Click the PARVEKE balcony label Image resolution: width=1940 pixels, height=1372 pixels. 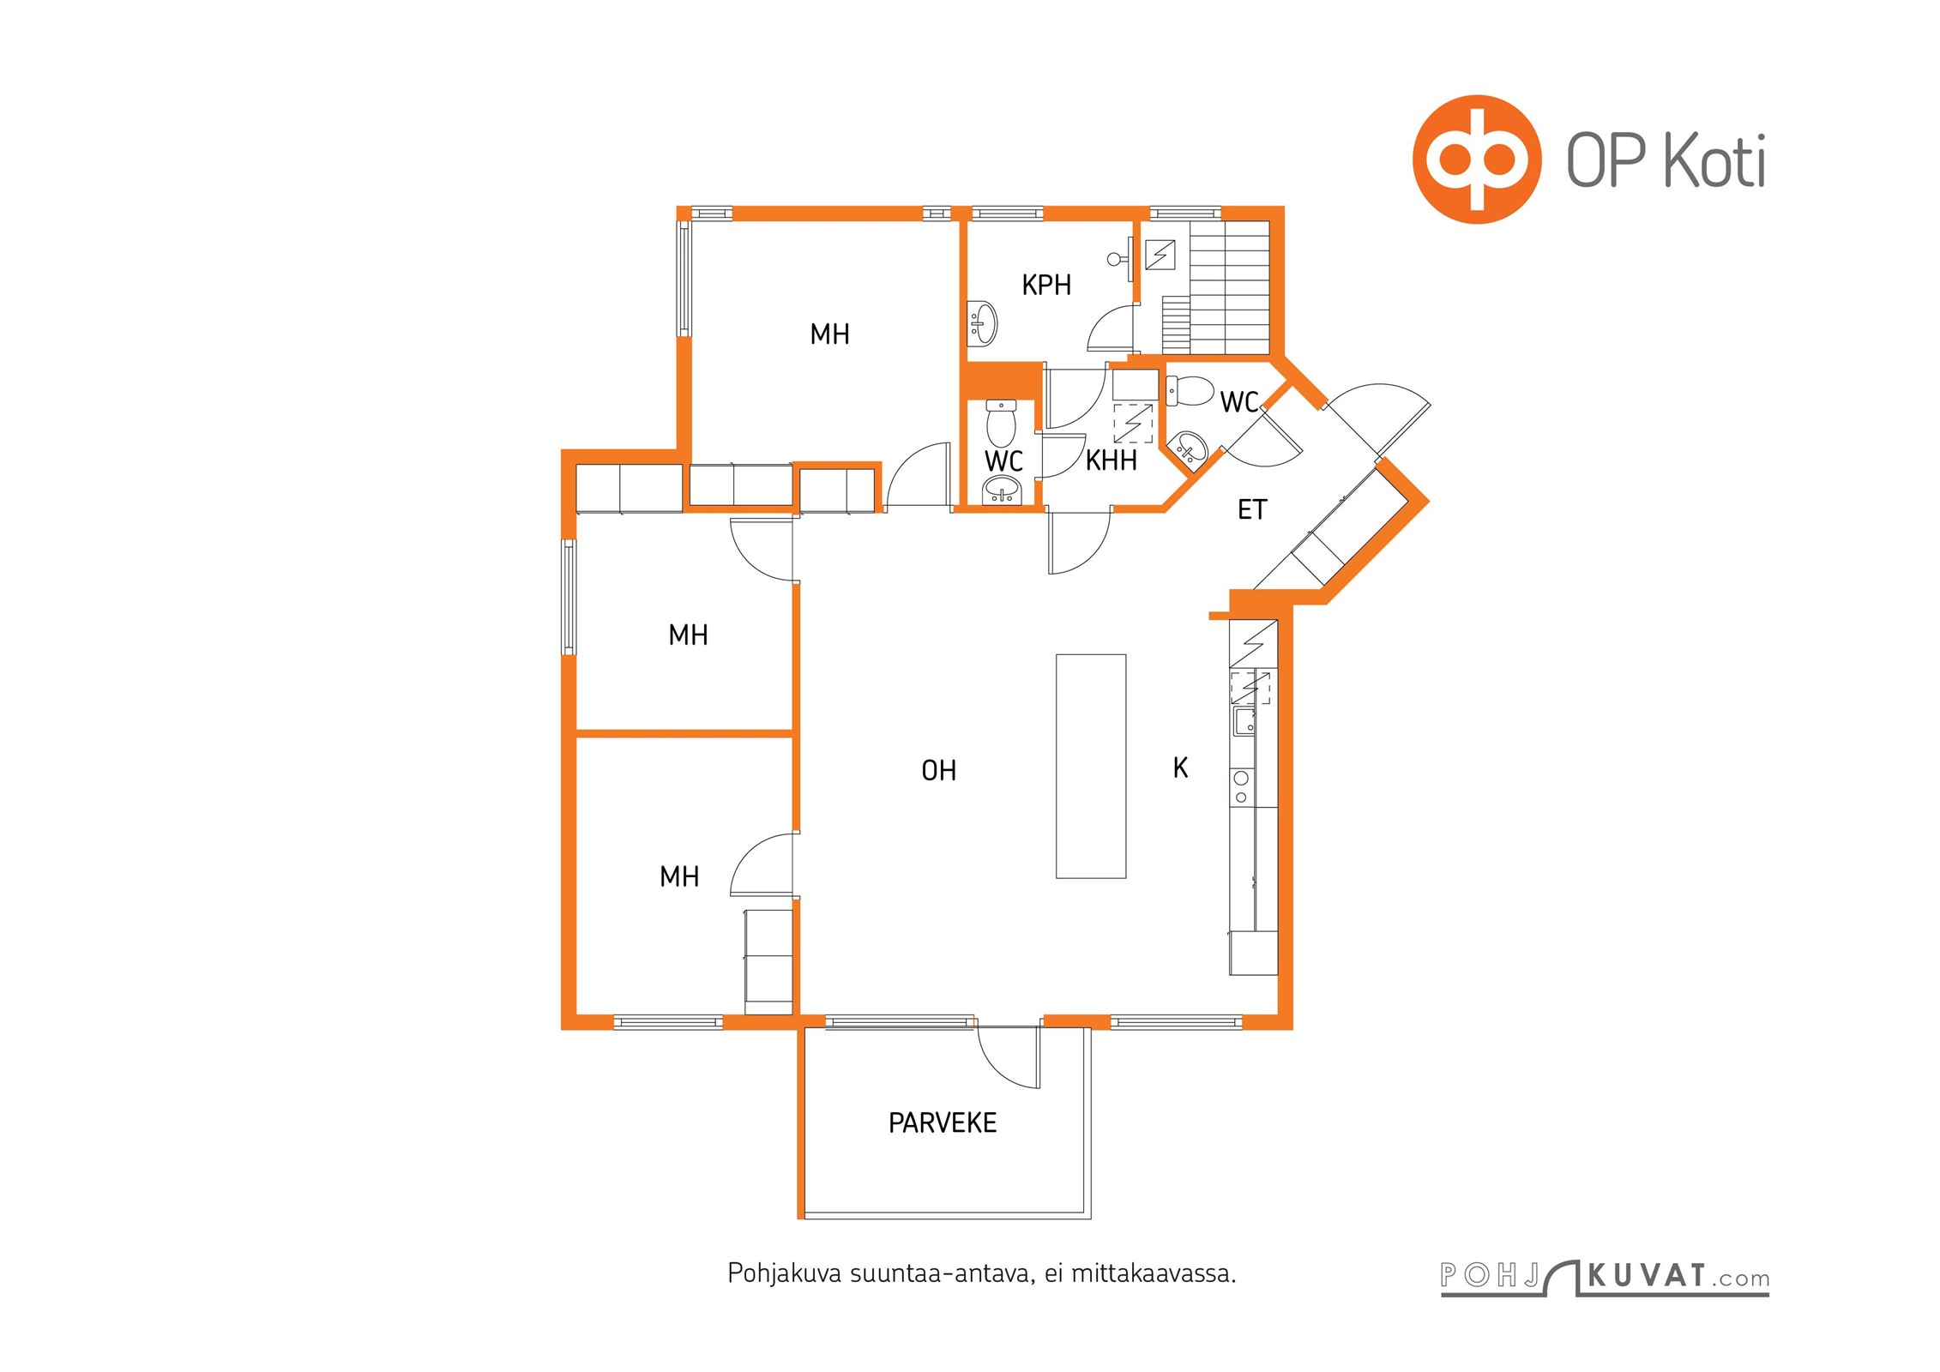tap(942, 1122)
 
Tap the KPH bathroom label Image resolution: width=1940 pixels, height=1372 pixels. tap(1045, 285)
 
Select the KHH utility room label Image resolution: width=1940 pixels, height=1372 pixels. tap(1111, 460)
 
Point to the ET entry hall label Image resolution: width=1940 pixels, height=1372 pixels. tap(1251, 510)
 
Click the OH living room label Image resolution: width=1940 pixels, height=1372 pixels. tap(938, 771)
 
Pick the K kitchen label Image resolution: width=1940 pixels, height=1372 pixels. tap(1180, 767)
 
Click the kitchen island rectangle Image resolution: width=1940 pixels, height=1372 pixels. tap(1090, 766)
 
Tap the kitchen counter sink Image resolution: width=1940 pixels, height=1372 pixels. tap(1243, 721)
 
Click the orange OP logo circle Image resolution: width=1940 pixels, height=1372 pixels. tap(1476, 159)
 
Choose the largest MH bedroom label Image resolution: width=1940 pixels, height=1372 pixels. tap(829, 334)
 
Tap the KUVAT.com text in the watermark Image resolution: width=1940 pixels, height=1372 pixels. tap(1677, 1276)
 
